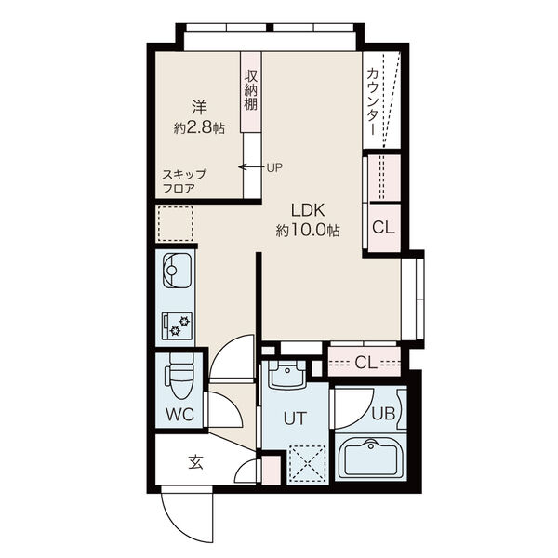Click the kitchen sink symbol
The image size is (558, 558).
[x=177, y=271]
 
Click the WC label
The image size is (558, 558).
[x=180, y=414]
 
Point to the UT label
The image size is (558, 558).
[x=295, y=418]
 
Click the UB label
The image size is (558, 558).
[x=383, y=414]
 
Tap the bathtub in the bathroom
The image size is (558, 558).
[x=370, y=459]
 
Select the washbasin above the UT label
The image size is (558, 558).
[x=286, y=375]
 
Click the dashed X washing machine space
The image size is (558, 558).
[x=308, y=463]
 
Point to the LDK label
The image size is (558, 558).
[x=308, y=210]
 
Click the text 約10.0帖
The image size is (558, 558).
[x=308, y=231]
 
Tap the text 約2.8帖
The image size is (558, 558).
[x=199, y=127]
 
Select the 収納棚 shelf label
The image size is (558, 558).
[x=251, y=89]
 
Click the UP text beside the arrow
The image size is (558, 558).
[x=274, y=167]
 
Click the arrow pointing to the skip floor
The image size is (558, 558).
[x=251, y=166]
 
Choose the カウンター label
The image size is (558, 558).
[x=372, y=101]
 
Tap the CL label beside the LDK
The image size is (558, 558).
[x=383, y=227]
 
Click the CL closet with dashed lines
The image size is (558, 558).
[x=365, y=362]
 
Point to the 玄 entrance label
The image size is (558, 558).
[x=195, y=462]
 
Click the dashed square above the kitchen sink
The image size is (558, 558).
[x=176, y=224]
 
